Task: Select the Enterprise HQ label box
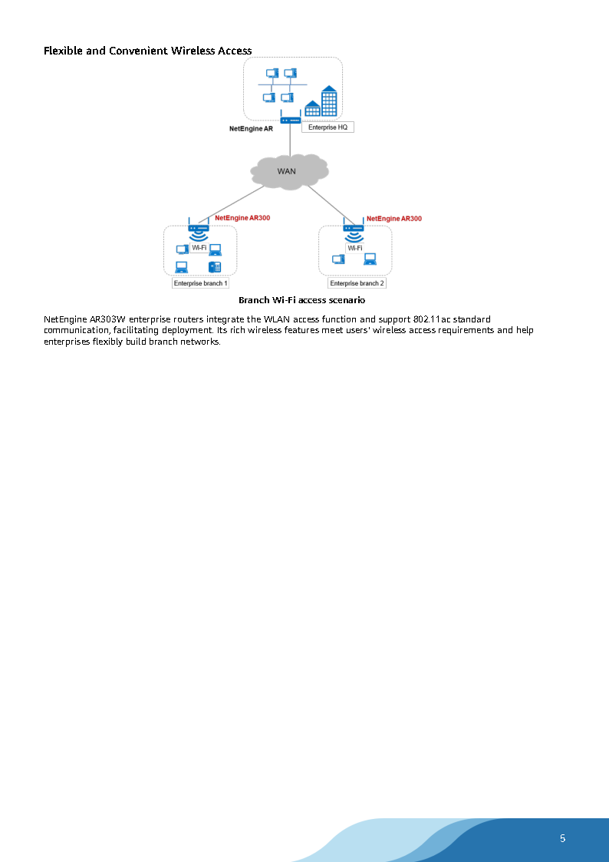click(328, 127)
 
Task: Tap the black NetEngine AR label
click(251, 129)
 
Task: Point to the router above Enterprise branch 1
click(199, 226)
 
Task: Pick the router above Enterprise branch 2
click(354, 226)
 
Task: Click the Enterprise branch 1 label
click(201, 283)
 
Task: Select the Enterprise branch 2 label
click(357, 283)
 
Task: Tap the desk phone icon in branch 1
click(215, 266)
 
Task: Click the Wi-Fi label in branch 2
click(354, 248)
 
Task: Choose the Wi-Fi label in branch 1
click(199, 248)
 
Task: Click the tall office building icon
click(328, 100)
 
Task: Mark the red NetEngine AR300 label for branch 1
click(242, 218)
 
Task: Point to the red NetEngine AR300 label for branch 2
click(393, 219)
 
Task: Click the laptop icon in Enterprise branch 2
click(370, 259)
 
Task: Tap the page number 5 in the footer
click(562, 838)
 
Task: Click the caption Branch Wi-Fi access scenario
click(301, 300)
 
